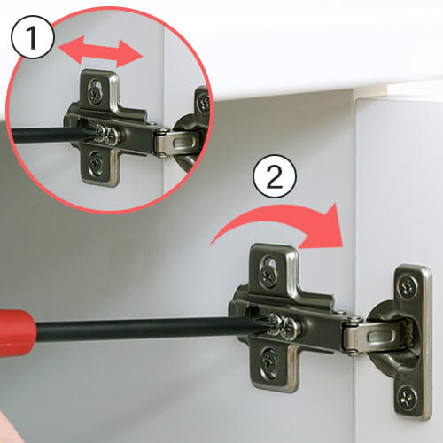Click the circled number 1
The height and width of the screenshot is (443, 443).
pyautogui.click(x=33, y=37)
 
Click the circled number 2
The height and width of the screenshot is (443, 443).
pyautogui.click(x=275, y=176)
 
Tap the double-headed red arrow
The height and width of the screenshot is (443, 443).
pyautogui.click(x=100, y=51)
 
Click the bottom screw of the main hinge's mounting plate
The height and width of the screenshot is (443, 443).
pyautogui.click(x=269, y=361)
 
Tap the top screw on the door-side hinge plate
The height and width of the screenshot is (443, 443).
pyautogui.click(x=408, y=286)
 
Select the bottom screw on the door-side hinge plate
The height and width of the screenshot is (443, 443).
pyautogui.click(x=408, y=396)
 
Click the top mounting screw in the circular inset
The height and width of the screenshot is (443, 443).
pyautogui.click(x=96, y=94)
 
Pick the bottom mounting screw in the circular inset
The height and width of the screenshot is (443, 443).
pyautogui.click(x=96, y=161)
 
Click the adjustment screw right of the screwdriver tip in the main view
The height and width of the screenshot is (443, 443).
pyautogui.click(x=289, y=328)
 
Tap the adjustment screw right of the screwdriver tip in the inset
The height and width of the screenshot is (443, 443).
pyautogui.click(x=113, y=136)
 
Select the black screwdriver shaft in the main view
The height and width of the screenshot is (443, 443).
pyautogui.click(x=148, y=328)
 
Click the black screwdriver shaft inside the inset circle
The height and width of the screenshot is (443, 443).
pyautogui.click(x=51, y=136)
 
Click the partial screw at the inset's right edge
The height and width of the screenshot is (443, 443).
pyautogui.click(x=204, y=103)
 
